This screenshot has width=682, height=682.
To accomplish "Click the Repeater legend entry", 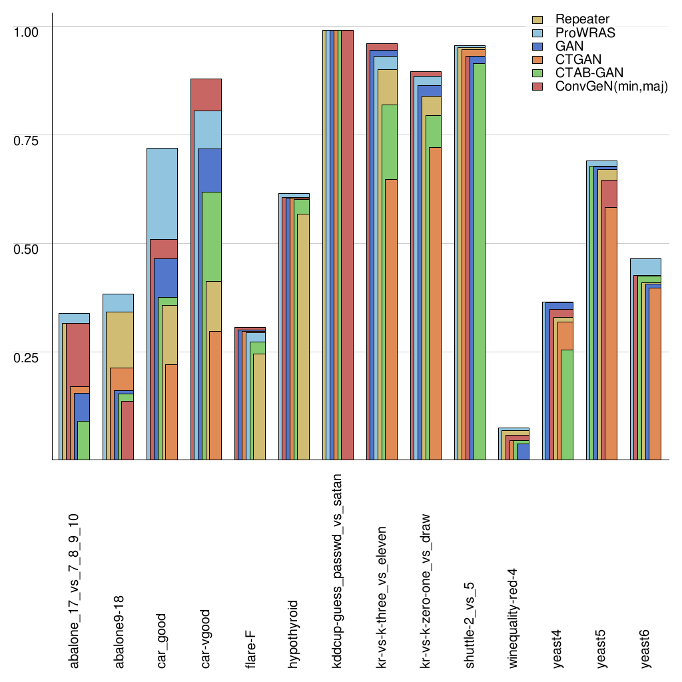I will [582, 19].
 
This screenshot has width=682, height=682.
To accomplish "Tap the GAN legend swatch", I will [540, 47].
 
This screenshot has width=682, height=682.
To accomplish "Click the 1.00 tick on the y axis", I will [27, 31].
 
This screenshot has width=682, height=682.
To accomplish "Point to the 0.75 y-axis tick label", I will [27, 140].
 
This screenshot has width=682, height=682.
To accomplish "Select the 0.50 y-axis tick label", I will [27, 248].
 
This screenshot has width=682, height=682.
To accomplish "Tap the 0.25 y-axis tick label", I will [27, 357].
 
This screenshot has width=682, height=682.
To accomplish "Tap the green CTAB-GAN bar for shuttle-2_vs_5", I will [476, 266].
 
